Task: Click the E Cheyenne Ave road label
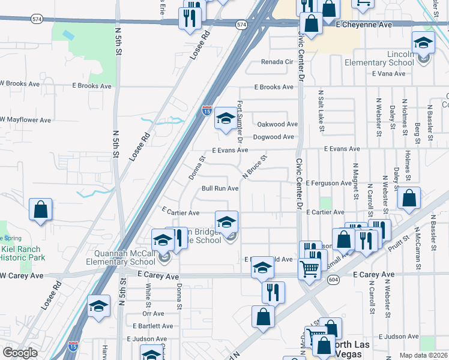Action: [x=364, y=25]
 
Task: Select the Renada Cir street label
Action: [x=276, y=62]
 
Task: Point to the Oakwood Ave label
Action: [x=277, y=124]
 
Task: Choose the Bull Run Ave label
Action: [x=220, y=188]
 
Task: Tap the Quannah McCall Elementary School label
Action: [x=121, y=257]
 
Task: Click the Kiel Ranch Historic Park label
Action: [x=22, y=253]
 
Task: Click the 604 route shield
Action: [x=333, y=279]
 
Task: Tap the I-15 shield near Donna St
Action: [x=206, y=110]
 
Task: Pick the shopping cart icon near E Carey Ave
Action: [x=309, y=269]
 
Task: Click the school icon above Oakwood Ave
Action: [x=225, y=118]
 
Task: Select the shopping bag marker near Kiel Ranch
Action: [x=40, y=210]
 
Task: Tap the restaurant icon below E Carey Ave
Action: [x=273, y=292]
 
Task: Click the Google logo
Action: [x=20, y=353]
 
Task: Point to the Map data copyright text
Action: [x=424, y=355]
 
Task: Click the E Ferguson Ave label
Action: [x=328, y=183]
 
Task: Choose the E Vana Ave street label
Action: [x=390, y=74]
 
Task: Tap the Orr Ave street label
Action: [x=154, y=313]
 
